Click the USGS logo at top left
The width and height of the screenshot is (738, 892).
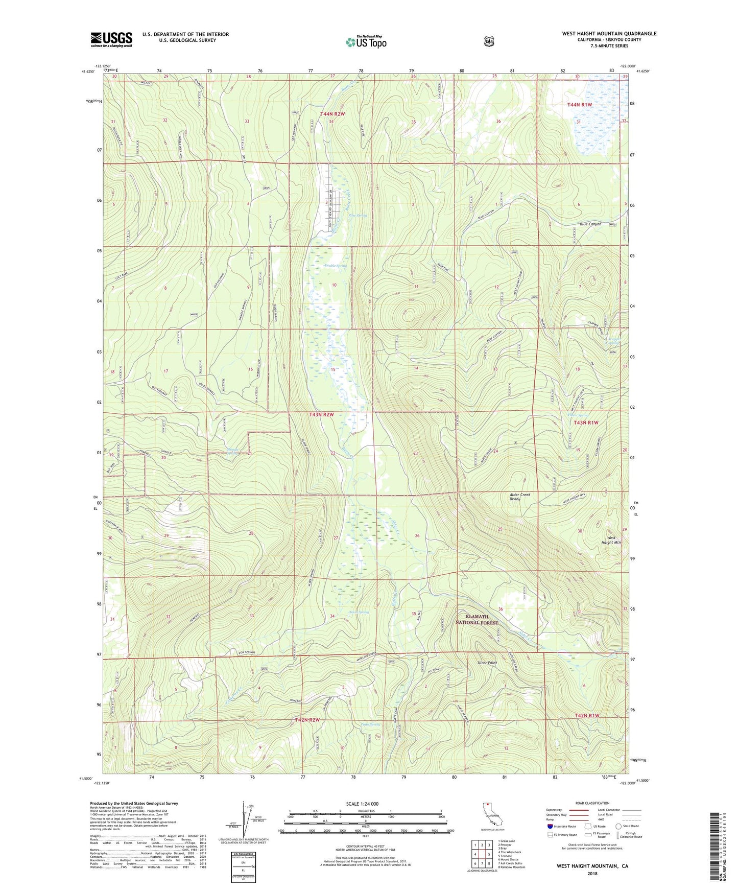coord(111,39)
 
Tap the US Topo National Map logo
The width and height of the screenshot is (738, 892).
coord(366,41)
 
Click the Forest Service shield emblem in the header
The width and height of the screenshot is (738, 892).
coord(489,41)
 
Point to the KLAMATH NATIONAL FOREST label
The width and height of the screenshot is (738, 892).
coord(477,619)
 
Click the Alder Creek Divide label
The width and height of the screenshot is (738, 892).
coord(520,497)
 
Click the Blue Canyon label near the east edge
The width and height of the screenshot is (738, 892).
coord(590,224)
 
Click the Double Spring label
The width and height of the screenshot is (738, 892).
coord(336,266)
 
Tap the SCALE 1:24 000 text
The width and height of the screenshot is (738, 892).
coord(362,804)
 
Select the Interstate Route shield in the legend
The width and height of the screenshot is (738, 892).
coord(550,826)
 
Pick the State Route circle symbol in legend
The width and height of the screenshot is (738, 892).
coord(618,826)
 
